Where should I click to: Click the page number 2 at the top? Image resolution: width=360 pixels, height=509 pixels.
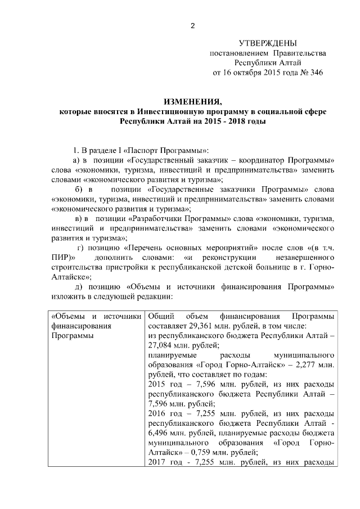[192, 26]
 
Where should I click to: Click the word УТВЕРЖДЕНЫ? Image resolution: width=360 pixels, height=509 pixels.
[267, 43]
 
